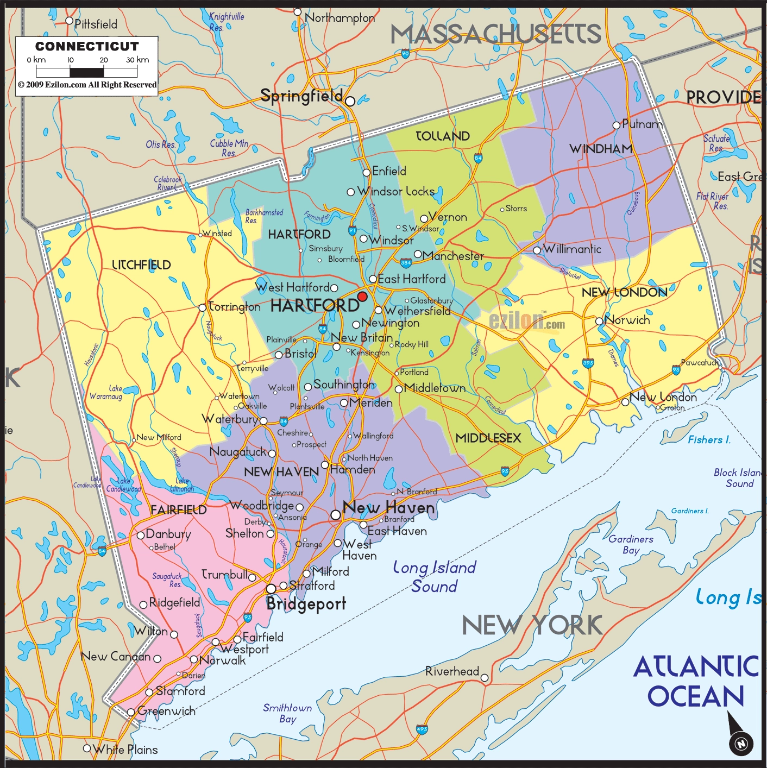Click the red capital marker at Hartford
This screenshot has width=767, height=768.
pos(362,297)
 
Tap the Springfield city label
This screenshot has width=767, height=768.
pos(301,96)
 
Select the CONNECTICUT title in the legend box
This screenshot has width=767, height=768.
pos(87,47)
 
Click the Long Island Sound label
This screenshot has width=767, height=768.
pos(434,577)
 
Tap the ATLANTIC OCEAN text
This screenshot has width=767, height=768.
pos(696,681)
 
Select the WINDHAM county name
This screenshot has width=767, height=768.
pos(601,149)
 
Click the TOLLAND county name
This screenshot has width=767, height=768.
pos(443,136)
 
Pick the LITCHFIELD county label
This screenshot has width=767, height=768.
pos(141,265)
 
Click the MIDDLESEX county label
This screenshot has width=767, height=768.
pos(488,438)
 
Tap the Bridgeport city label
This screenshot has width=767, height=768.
pos(306,604)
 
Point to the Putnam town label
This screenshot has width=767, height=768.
pos(642,124)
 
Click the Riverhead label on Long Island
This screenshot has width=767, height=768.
pos(452,671)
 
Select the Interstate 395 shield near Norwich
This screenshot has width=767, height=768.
pos(588,363)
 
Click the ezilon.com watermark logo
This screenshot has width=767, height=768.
pos(526,321)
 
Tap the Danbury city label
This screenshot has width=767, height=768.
pos(168,534)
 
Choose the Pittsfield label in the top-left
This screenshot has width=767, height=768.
pos(96,24)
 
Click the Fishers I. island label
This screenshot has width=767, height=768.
pos(709,440)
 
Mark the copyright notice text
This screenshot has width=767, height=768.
pos(87,85)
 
